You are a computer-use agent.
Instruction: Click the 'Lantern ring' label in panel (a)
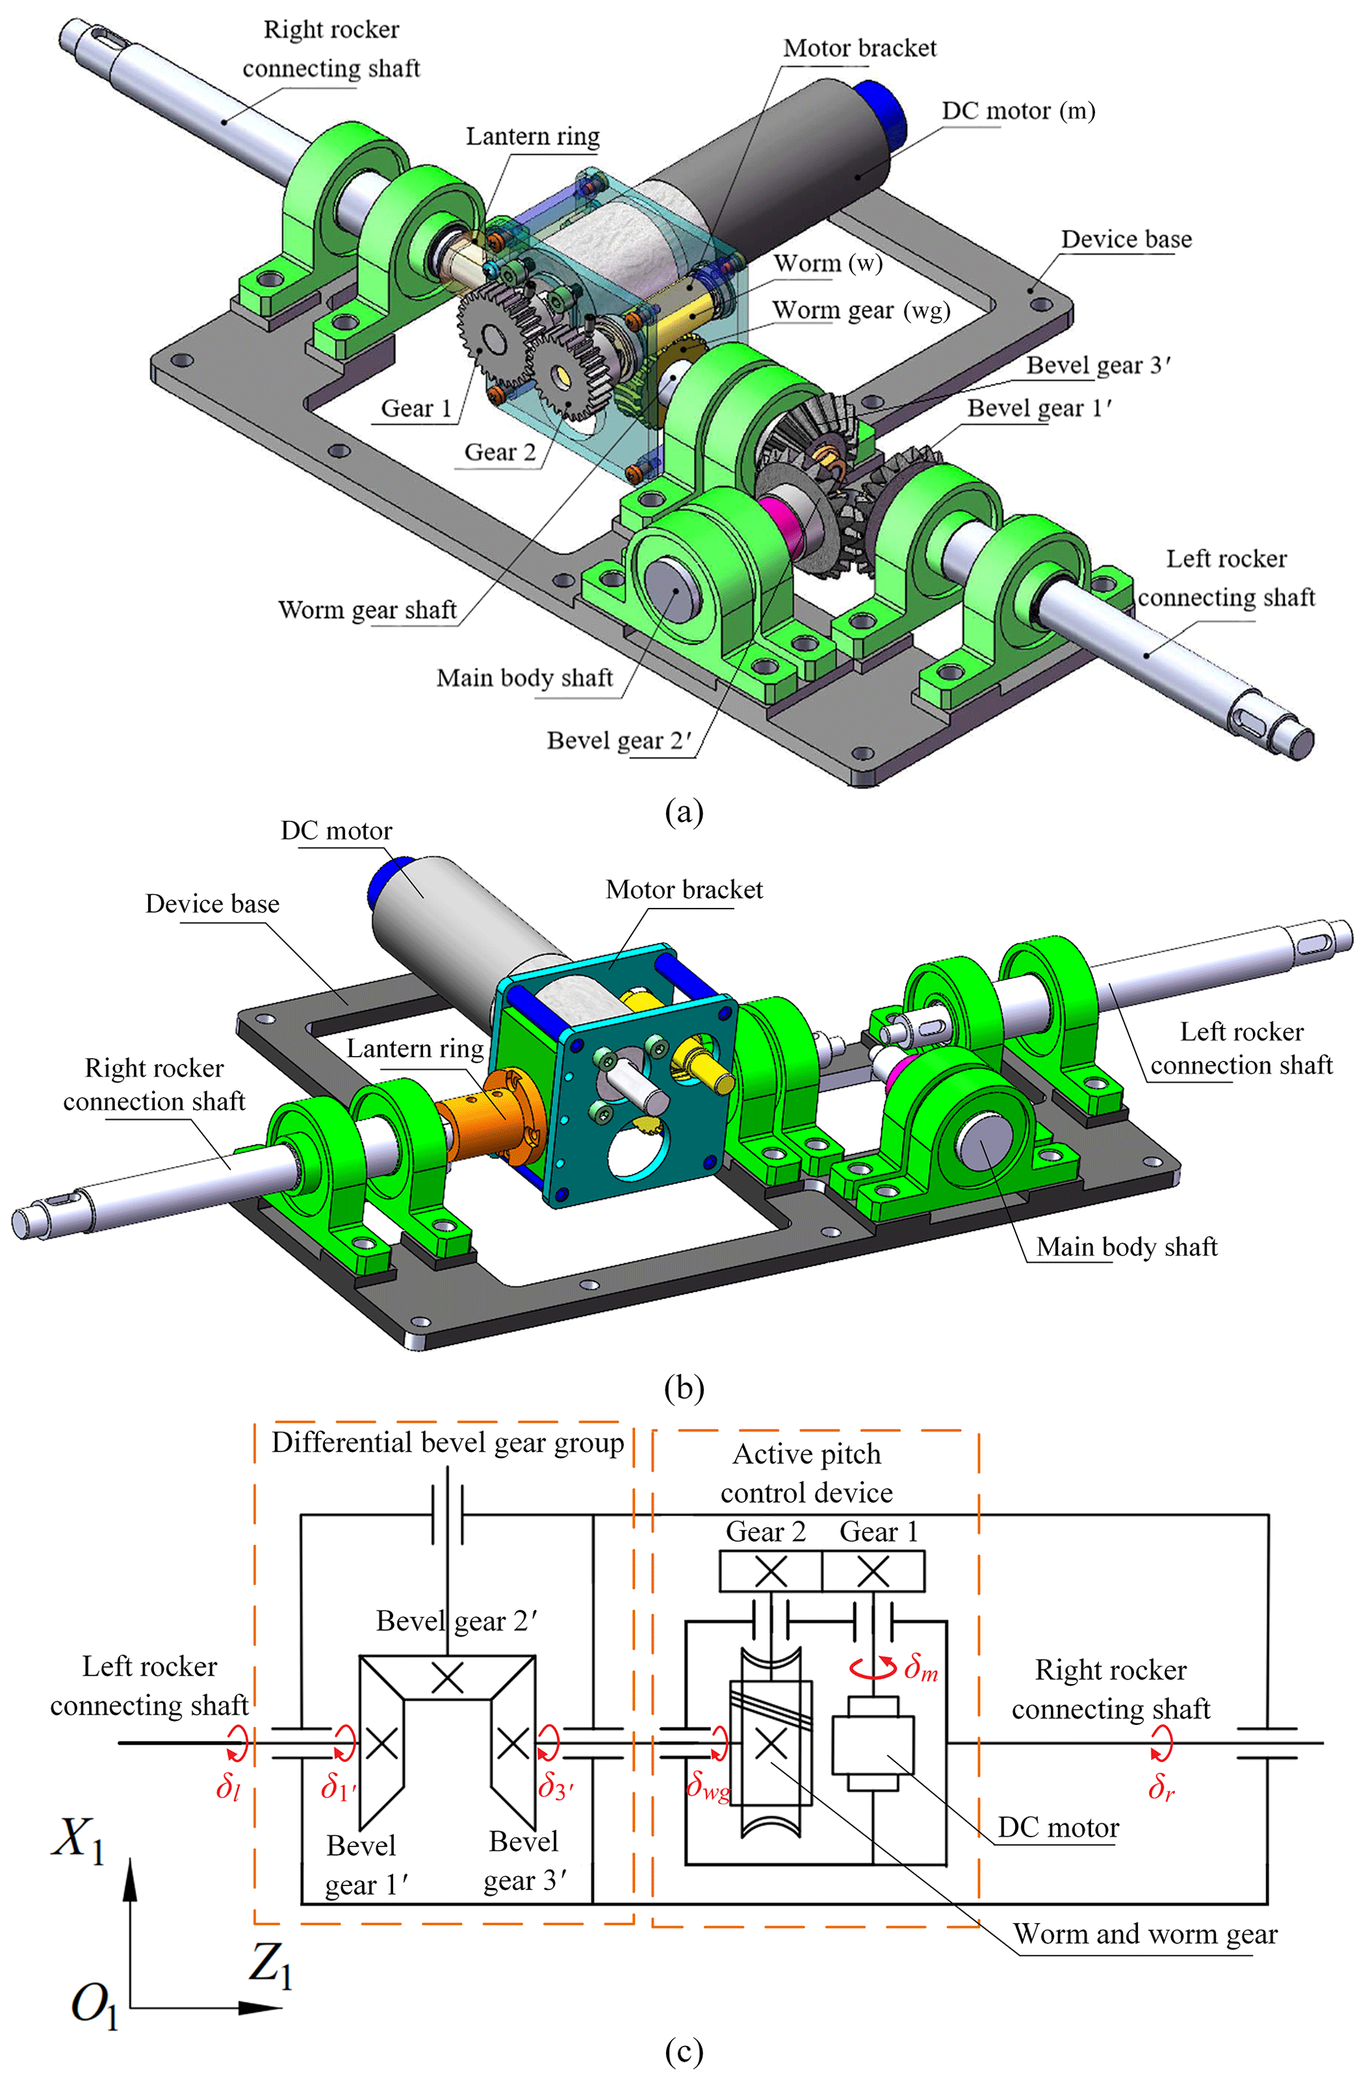click(x=532, y=137)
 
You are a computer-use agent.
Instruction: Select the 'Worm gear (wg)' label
click(x=860, y=311)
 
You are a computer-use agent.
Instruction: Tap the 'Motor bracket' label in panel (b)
click(x=684, y=890)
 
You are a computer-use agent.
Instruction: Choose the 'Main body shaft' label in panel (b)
click(x=1126, y=1247)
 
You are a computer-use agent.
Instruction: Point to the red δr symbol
click(x=1160, y=1787)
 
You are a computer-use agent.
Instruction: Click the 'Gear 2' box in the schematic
click(x=771, y=1571)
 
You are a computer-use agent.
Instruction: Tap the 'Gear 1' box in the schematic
click(x=873, y=1571)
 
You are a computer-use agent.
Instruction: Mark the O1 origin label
click(x=94, y=2004)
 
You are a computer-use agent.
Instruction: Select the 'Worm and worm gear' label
click(x=1145, y=1934)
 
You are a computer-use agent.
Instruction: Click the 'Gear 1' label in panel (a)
click(x=416, y=408)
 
